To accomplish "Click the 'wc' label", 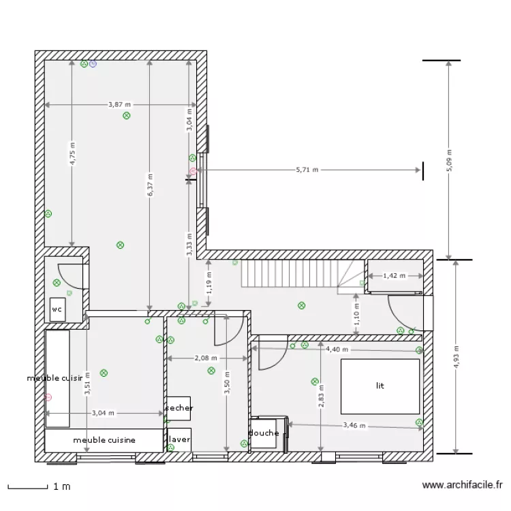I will point(56,309).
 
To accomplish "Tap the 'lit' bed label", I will point(380,386).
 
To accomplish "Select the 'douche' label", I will point(264,433).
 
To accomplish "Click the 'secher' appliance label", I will point(179,408).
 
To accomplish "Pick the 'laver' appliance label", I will point(179,439).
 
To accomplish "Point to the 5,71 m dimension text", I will point(307,170).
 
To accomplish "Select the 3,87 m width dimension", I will point(120,105).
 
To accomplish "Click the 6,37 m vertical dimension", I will point(149,185).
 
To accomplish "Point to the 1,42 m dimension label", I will point(394,276).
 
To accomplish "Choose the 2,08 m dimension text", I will point(206,358).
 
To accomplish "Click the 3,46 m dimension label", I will point(354,426).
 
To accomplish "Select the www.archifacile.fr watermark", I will point(463,486).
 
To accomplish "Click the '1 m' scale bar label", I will point(61,486).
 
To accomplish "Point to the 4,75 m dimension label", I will point(72,154).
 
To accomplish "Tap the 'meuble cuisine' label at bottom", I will point(104,440).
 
